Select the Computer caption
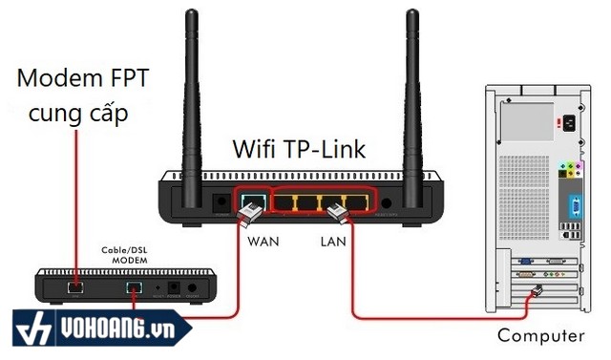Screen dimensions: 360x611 pos(540,335)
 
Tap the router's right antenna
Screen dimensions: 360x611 pos(412,95)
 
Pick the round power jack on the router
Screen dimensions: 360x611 pos(387,203)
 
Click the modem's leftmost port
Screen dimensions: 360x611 pos(75,286)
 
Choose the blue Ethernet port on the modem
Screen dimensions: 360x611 pos(135,286)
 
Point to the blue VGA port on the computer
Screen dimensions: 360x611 pos(576,204)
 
